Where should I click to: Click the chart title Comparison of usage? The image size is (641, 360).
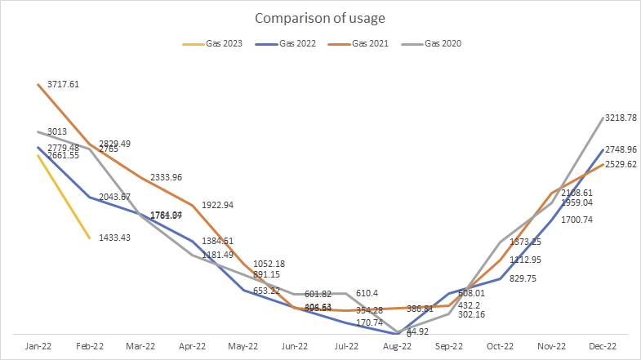coord(320,18)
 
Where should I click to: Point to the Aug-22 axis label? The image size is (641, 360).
coord(398,345)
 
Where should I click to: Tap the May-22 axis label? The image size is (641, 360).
coord(243,345)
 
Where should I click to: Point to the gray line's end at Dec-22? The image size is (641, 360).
coord(603,118)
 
